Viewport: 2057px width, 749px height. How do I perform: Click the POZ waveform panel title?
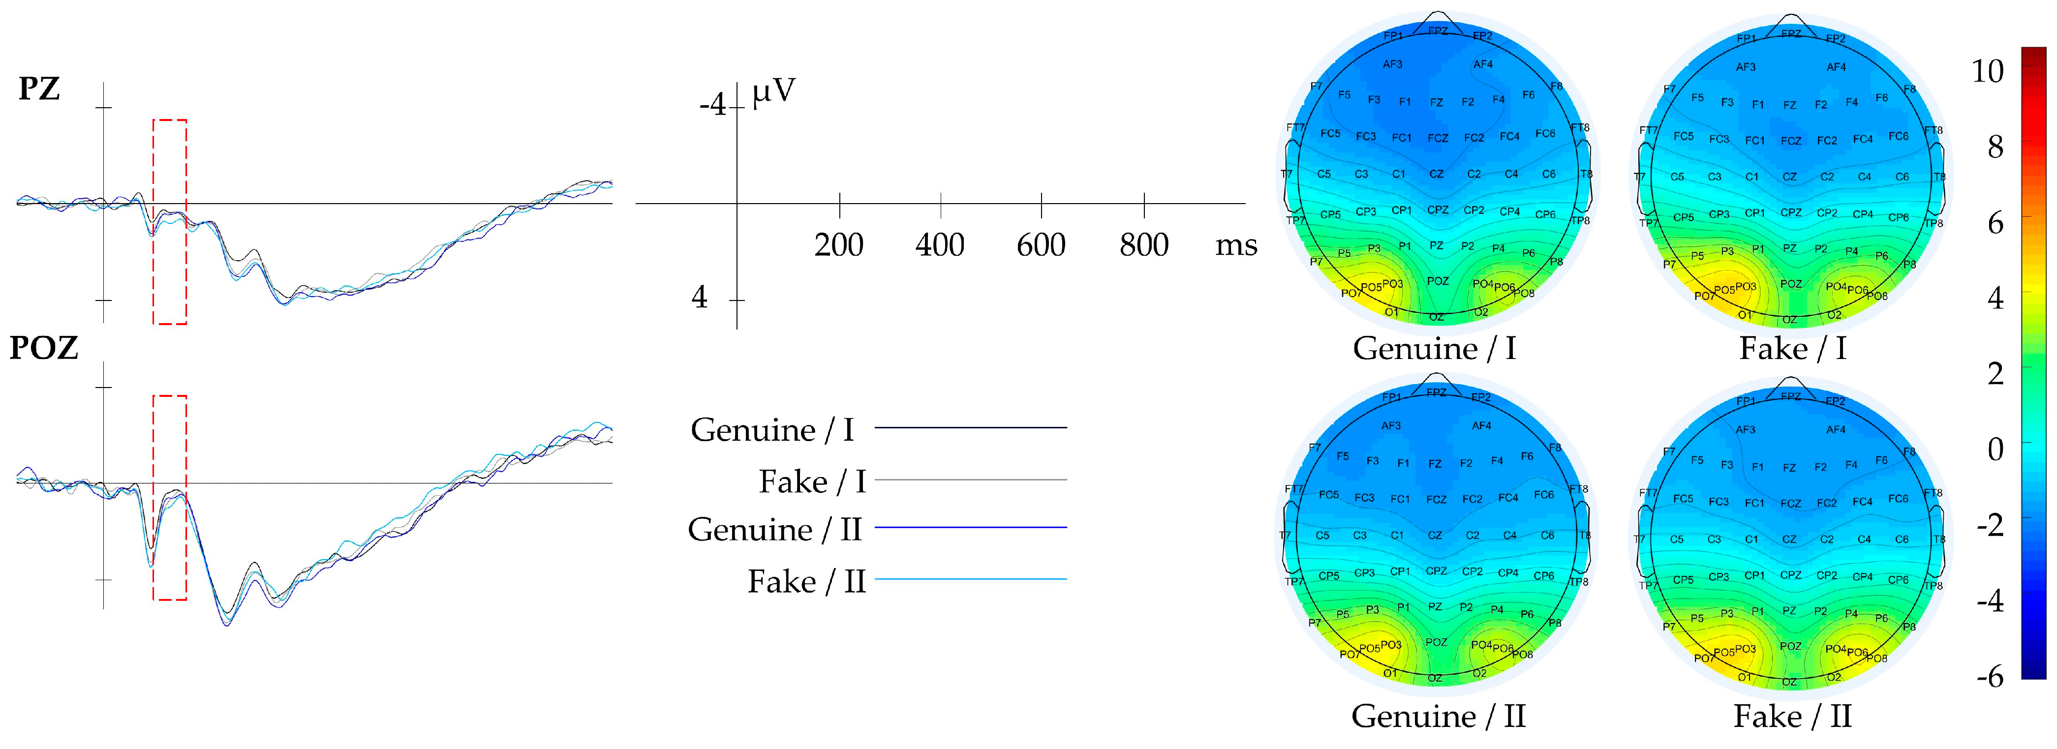[44, 348]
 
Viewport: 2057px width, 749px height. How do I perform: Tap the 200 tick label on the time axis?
[838, 244]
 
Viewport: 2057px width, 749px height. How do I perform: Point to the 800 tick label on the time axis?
[1143, 244]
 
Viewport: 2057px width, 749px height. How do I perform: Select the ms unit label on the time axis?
[1235, 245]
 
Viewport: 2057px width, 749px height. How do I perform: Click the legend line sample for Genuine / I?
[970, 428]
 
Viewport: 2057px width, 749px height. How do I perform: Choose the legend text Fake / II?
[806, 581]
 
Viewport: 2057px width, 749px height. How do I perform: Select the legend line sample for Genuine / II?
[970, 528]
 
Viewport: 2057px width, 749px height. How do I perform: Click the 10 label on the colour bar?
[1988, 71]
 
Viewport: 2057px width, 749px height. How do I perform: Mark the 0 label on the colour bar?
[1995, 449]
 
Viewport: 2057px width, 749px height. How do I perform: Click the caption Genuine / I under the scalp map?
[1434, 349]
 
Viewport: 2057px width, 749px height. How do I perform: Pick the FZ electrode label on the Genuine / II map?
[1435, 464]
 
